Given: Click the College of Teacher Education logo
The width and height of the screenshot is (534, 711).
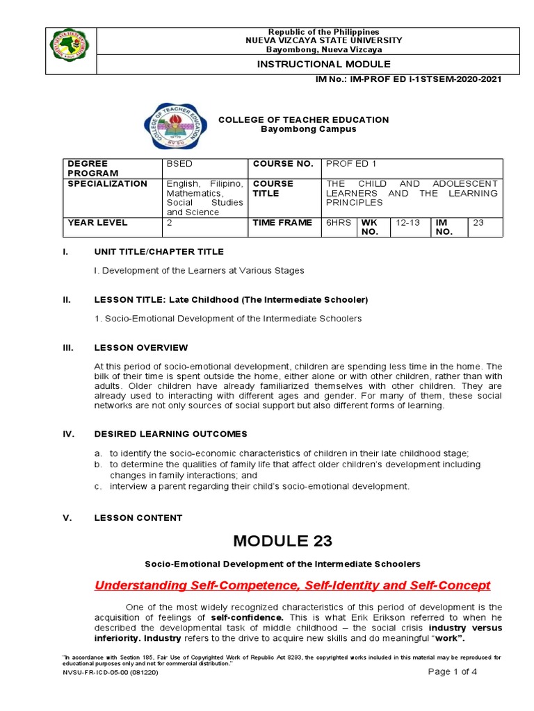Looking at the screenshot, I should click(175, 126).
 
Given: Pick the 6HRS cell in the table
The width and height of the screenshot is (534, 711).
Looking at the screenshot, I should click(339, 223).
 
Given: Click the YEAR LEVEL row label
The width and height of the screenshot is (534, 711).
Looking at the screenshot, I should click(97, 223).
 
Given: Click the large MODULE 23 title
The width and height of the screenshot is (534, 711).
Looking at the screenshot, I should click(283, 541).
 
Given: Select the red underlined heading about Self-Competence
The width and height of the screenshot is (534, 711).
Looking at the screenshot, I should click(292, 585).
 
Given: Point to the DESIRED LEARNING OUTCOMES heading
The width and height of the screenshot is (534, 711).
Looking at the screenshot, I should click(170, 434).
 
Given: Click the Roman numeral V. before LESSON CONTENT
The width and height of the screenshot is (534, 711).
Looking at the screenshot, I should click(67, 518).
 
